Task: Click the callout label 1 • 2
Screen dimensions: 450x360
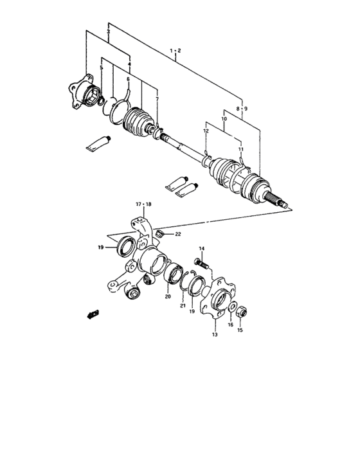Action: [175, 50]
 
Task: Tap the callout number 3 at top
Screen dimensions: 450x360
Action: [108, 32]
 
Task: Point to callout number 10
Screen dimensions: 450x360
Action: [224, 120]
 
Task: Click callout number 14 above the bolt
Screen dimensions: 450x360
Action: [201, 249]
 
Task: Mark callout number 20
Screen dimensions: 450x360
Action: [168, 297]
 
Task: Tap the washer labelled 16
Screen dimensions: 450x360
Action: [232, 307]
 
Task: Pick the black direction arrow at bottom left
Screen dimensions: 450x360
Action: [94, 314]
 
